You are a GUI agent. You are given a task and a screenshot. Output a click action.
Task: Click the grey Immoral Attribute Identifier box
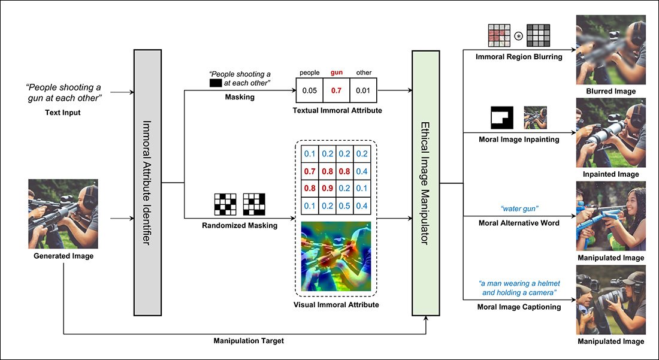click(147, 183)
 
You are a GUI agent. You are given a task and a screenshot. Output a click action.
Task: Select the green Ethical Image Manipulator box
click(425, 183)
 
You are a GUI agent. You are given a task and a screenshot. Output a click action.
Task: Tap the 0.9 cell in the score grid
click(328, 187)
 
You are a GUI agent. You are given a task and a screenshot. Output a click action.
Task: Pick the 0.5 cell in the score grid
click(344, 206)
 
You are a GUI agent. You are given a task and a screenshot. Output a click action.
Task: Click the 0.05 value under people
click(310, 90)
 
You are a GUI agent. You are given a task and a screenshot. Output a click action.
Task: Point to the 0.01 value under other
click(363, 90)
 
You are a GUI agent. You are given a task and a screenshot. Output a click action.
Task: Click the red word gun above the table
click(337, 72)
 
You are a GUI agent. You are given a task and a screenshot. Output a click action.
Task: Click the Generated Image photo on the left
click(63, 213)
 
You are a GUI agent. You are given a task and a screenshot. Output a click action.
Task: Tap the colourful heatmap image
click(336, 256)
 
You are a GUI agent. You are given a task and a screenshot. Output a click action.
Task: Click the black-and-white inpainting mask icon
click(502, 117)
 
